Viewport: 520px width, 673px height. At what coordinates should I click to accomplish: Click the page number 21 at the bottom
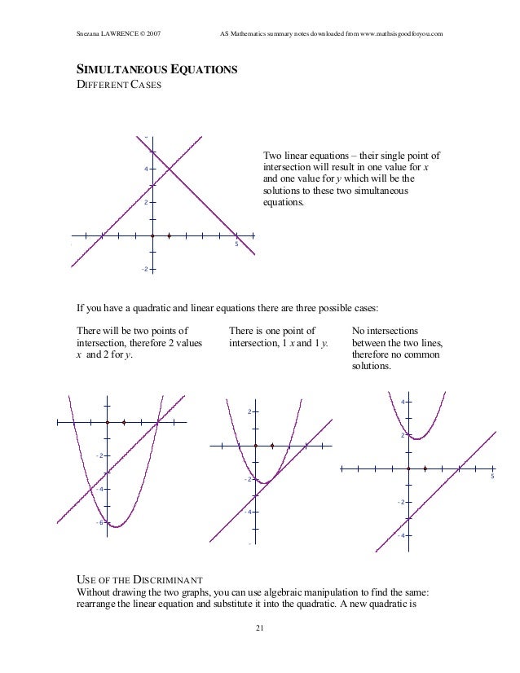pos(259,627)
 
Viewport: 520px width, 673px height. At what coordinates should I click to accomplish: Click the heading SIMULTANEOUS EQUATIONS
pos(156,72)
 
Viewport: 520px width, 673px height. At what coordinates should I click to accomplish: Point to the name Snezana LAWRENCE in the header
pos(104,33)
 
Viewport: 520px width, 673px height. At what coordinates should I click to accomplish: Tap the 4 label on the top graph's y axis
pos(146,169)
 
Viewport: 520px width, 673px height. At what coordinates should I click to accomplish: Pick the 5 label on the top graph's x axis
pos(236,244)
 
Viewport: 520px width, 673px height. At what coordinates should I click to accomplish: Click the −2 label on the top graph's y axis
pos(143,270)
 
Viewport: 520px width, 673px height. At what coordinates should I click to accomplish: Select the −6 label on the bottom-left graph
pos(98,522)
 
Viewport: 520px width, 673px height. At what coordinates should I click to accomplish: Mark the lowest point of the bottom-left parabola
pos(115,527)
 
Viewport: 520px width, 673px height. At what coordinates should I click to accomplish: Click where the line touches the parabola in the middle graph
pos(263,482)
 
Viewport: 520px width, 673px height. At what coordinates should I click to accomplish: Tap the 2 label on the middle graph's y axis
pos(249,412)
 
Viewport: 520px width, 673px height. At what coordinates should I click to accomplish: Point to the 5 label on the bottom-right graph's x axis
pos(491,477)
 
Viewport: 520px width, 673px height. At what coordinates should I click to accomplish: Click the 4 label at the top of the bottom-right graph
pos(402,402)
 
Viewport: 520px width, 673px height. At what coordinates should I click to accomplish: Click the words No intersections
pos(385,332)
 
